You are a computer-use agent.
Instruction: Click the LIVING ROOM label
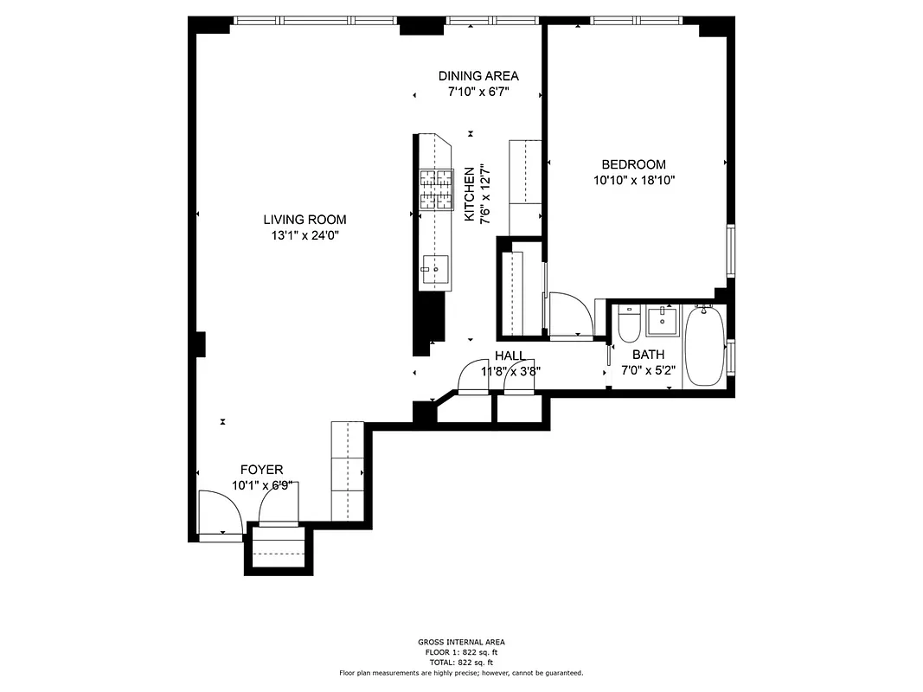click(304, 220)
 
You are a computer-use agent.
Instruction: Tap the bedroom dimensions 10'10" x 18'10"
click(633, 181)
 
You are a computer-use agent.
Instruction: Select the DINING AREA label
click(478, 76)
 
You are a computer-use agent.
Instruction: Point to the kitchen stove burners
click(437, 190)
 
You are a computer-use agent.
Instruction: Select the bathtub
click(705, 347)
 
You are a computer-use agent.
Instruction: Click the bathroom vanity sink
click(663, 321)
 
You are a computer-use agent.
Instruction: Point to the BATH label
click(648, 355)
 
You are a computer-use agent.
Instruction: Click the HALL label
click(510, 356)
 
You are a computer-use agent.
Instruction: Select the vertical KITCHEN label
click(470, 195)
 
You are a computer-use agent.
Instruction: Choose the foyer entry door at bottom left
click(220, 516)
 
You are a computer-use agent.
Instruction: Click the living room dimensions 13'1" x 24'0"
click(304, 235)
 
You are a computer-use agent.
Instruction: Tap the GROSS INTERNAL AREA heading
click(461, 642)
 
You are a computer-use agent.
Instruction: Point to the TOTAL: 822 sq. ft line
click(461, 662)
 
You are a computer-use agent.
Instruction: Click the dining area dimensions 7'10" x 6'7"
click(478, 92)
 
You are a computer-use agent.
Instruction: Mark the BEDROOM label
click(633, 164)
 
